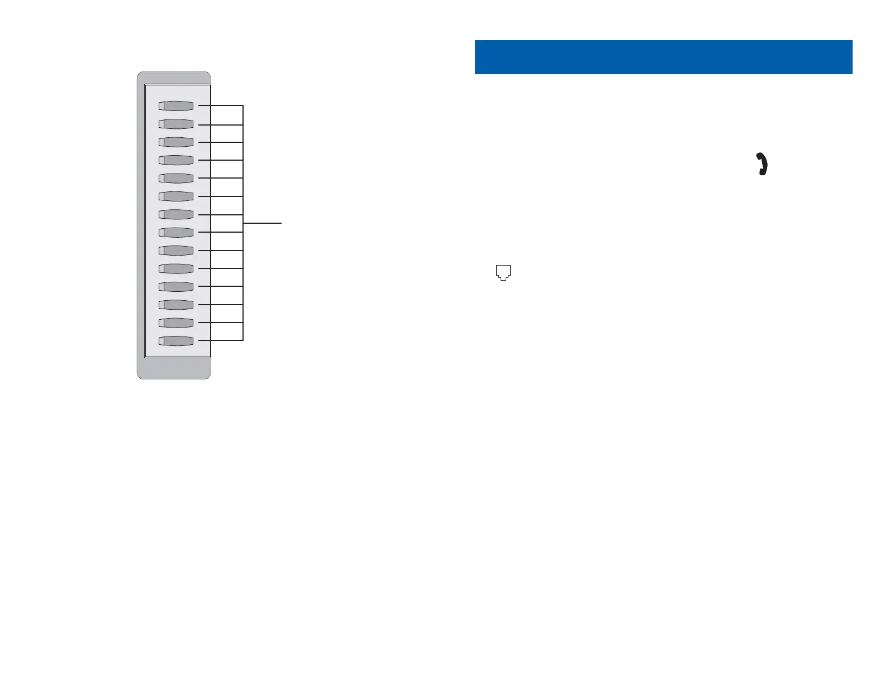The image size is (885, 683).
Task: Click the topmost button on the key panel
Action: (x=176, y=106)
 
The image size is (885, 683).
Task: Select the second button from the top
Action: (x=176, y=124)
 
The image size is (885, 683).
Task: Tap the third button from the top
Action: (x=176, y=142)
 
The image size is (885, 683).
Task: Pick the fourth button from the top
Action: (x=176, y=160)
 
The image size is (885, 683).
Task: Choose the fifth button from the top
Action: (x=176, y=178)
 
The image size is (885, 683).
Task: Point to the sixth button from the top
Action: (x=176, y=196)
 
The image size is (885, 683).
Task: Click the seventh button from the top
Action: (x=176, y=214)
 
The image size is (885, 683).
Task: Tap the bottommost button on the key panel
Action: (x=176, y=341)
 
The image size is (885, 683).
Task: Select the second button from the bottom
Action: (x=176, y=323)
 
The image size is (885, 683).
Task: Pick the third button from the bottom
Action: (x=176, y=305)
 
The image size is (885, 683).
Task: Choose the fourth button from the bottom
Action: (x=176, y=286)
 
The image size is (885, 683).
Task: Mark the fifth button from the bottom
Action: (x=176, y=268)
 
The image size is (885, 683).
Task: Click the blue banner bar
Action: (x=663, y=57)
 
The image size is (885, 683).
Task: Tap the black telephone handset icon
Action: (x=763, y=164)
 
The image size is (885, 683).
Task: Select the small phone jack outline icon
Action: (x=503, y=272)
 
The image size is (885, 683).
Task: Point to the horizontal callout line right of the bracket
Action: (x=263, y=223)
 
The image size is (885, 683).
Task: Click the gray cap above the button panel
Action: (x=174, y=78)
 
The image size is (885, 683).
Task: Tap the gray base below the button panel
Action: (x=174, y=368)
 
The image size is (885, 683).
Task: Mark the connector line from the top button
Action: (x=221, y=105)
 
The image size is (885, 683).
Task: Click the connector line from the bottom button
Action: (x=221, y=340)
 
